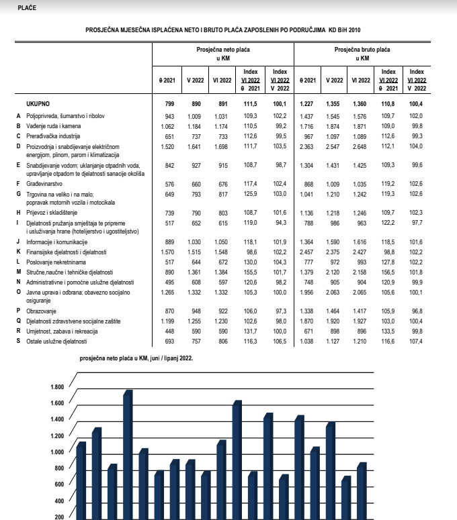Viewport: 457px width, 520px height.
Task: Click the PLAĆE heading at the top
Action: pyautogui.click(x=28, y=7)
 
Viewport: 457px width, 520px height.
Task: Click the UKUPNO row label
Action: pyautogui.click(x=38, y=104)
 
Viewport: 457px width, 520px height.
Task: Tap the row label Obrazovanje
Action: pyautogui.click(x=43, y=312)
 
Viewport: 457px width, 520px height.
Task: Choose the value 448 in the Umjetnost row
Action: pyautogui.click(x=168, y=332)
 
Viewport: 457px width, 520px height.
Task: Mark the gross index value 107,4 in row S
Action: pyautogui.click(x=416, y=342)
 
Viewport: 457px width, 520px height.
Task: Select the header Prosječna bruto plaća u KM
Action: pyautogui.click(x=362, y=54)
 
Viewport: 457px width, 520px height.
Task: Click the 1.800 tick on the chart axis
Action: pyautogui.click(x=55, y=387)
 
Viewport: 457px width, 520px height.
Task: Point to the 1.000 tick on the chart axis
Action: pyautogui.click(x=55, y=452)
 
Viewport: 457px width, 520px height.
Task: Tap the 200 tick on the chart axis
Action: pyautogui.click(x=58, y=516)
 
